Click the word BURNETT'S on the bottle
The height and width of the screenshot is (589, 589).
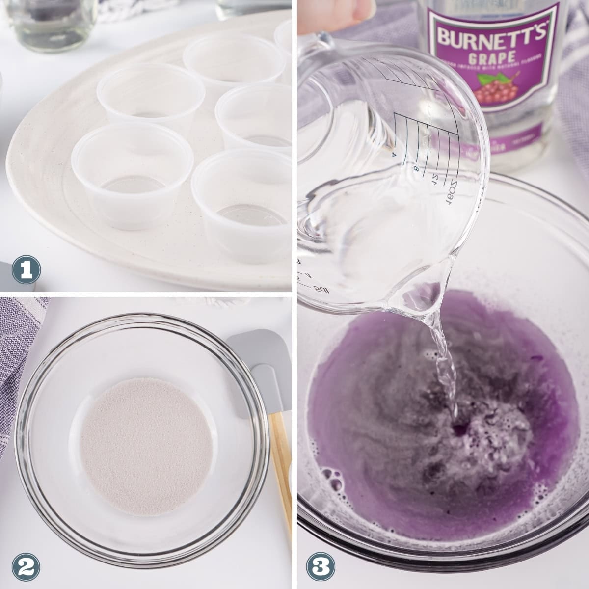pos(487,37)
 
